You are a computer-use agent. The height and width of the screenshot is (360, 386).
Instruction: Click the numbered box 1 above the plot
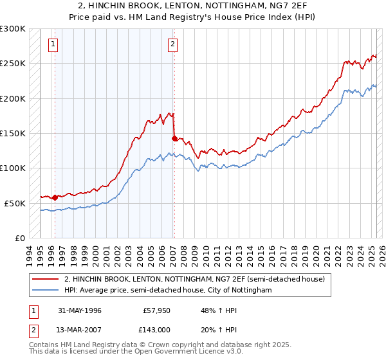53,44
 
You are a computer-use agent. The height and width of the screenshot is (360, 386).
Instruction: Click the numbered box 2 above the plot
173,44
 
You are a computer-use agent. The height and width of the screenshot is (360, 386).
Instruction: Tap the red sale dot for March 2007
174,138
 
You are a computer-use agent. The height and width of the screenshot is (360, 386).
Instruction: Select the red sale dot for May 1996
55,197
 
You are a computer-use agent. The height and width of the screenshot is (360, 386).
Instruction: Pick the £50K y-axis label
15,203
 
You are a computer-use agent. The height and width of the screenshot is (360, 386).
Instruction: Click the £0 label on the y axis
20,238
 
